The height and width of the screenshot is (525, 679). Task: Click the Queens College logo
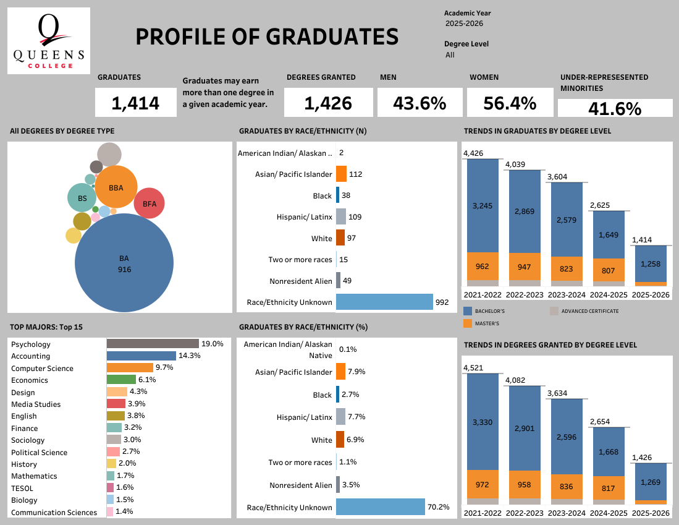coord(49,41)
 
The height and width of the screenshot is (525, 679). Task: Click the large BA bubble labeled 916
coord(124,262)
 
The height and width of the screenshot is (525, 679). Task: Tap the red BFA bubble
coord(149,203)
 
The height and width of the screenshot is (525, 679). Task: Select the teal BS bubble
coord(82,198)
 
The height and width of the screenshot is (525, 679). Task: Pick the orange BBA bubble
coord(116,187)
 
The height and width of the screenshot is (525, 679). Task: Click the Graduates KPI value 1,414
coord(135,103)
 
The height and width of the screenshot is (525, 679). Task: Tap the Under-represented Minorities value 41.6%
coord(615,109)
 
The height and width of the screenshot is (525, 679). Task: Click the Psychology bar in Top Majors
coord(153,344)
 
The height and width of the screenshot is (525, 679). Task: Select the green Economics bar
coord(121,380)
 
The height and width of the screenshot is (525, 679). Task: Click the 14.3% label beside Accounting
coord(189,356)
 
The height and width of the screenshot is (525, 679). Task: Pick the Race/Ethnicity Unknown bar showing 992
coord(384,302)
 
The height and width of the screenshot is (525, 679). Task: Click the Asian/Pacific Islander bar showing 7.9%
coord(340,372)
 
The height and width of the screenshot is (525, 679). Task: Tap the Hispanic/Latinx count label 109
coord(355,217)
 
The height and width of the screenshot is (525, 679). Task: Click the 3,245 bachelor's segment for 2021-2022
coord(482,205)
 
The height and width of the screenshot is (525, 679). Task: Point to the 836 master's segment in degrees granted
coord(566,487)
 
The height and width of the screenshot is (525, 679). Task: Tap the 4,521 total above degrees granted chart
coord(473,368)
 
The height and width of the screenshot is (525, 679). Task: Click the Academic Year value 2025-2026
coord(464,23)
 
